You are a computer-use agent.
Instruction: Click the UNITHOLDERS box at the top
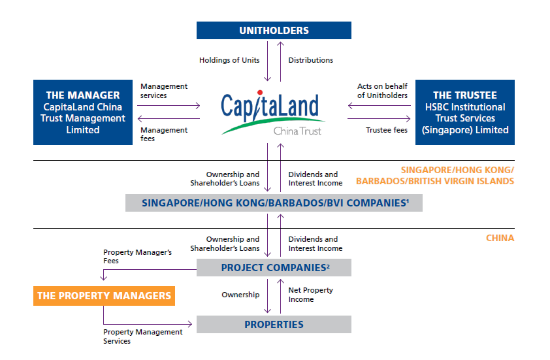point(274,30)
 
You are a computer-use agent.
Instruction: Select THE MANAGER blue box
point(83,112)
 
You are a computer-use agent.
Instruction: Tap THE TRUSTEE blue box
point(464,112)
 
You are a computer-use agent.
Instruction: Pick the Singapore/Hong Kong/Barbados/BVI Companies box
point(274,203)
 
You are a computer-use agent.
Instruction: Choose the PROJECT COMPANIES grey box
point(274,267)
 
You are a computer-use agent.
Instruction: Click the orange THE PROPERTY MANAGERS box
point(104,296)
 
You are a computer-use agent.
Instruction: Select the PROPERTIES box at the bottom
point(274,324)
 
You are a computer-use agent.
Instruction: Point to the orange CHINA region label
point(500,238)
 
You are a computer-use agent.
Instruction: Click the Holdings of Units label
point(229,60)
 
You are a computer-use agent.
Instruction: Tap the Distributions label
point(311,60)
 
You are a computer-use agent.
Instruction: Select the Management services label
point(163,91)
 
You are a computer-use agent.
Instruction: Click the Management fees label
point(163,134)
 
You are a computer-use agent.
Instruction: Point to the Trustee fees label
point(387,130)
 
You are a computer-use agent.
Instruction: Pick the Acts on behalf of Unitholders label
point(382,91)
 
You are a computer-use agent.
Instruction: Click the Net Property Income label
point(311,295)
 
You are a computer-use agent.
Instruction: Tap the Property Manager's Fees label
point(137,256)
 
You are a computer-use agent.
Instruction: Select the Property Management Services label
point(142,336)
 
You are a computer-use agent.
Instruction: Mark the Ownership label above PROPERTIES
point(240,295)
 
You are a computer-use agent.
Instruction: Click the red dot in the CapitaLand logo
point(259,93)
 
